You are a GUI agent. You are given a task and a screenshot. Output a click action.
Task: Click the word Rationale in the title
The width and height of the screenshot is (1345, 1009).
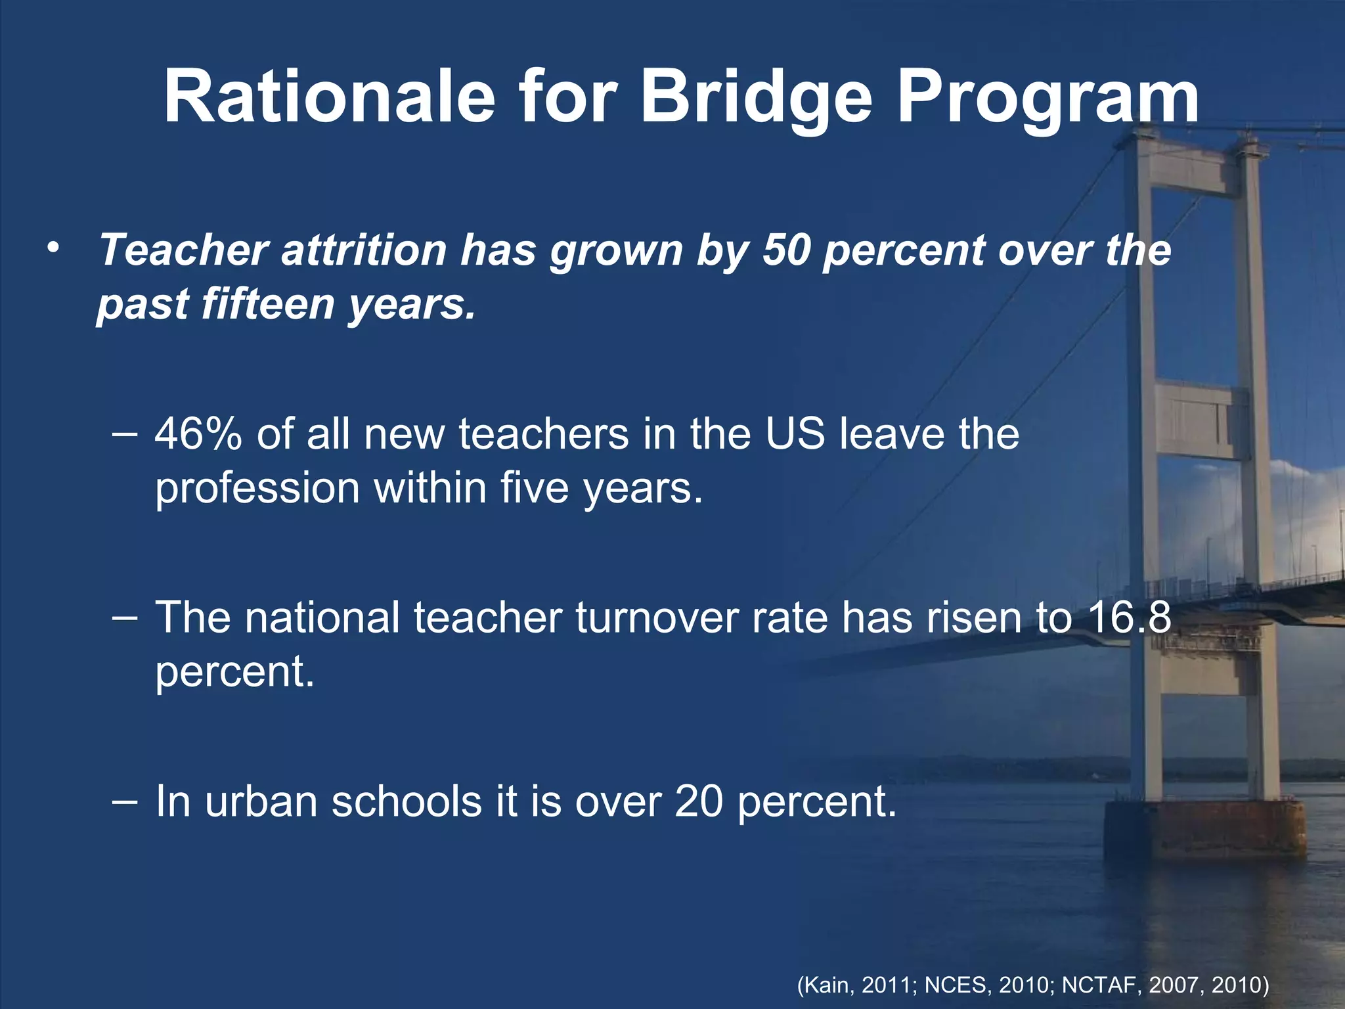coord(328,97)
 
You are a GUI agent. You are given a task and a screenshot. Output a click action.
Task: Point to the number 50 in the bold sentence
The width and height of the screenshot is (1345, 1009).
coord(785,250)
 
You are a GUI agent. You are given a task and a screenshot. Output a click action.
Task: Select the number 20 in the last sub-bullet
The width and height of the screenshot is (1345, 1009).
coord(699,801)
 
